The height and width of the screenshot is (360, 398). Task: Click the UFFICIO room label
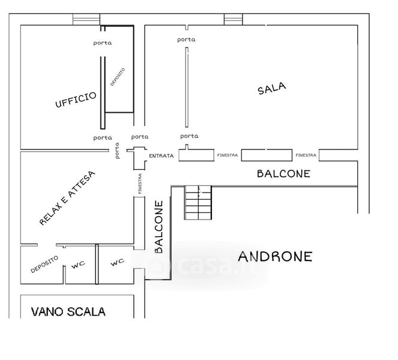(76, 100)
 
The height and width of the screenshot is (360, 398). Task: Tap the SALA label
(271, 88)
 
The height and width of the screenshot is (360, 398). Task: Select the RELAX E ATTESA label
(67, 198)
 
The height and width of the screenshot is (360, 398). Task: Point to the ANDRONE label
(275, 256)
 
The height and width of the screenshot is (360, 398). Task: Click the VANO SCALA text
(68, 312)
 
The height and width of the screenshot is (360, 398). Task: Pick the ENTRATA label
(161, 156)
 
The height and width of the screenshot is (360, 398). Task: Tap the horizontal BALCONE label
(283, 174)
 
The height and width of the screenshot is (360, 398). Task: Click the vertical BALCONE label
(158, 227)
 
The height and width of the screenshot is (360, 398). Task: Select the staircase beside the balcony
(198, 202)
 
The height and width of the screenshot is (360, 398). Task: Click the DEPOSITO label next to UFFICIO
(118, 77)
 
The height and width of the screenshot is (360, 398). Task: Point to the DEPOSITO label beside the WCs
(44, 265)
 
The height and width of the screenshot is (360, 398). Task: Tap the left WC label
(78, 265)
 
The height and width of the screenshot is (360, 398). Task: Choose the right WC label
(118, 262)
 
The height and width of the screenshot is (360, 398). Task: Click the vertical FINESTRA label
(140, 184)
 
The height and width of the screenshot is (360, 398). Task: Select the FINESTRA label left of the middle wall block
(228, 155)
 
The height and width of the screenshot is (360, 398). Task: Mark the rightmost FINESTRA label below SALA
(306, 155)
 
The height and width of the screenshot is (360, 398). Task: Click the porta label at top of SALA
(186, 40)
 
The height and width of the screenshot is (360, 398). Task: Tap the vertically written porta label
(117, 151)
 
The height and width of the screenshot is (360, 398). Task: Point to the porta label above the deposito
(103, 43)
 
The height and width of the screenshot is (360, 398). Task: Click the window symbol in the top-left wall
(86, 19)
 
